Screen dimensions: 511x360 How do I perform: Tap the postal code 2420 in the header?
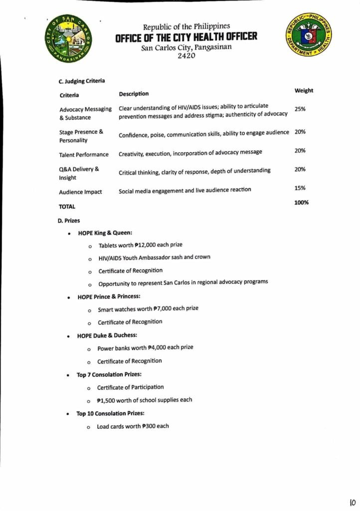(186, 56)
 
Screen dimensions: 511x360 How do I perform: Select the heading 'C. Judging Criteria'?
(82, 81)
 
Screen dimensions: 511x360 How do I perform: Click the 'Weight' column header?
(304, 90)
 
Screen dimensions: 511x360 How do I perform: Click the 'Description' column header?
(134, 93)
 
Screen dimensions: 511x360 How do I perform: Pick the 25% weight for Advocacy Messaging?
(300, 109)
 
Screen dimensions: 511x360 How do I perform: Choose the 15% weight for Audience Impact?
(300, 188)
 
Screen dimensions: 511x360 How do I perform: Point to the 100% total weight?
(301, 202)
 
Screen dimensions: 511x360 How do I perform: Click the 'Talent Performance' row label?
(84, 155)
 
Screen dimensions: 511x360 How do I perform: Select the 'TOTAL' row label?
(67, 206)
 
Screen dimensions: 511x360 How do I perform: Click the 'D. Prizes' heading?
(69, 220)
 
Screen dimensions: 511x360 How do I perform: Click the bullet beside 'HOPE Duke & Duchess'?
(68, 336)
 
